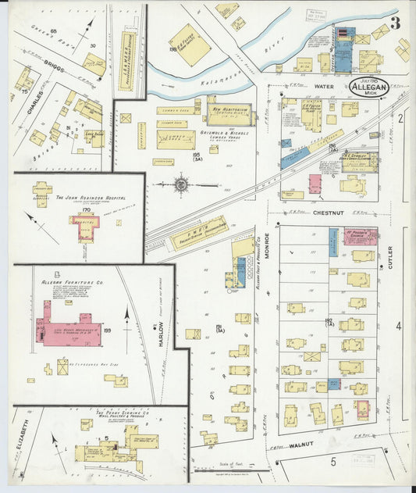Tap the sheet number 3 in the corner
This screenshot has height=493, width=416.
[x=396, y=23]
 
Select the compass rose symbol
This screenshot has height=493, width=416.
[x=181, y=185]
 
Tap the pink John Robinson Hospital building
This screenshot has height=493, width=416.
[x=85, y=227]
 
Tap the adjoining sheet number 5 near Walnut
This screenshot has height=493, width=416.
[x=333, y=462]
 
